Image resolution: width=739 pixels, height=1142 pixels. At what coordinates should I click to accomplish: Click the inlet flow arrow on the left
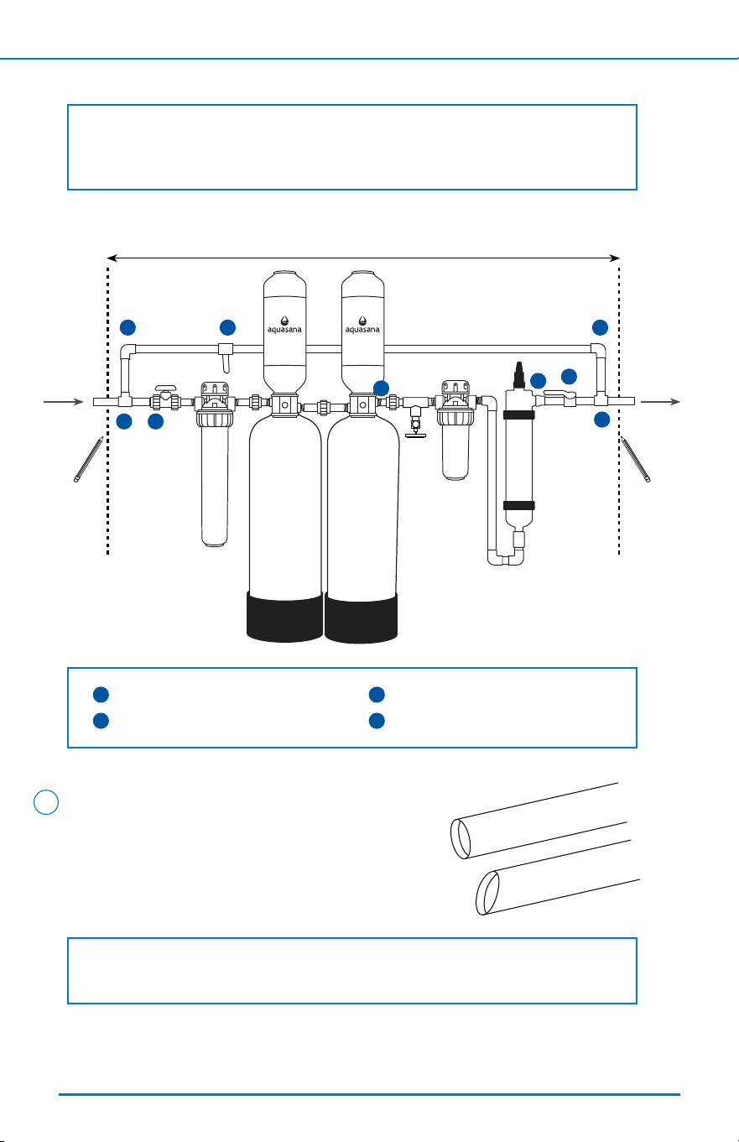click(63, 402)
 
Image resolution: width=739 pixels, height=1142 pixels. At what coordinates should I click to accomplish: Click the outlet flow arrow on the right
click(660, 402)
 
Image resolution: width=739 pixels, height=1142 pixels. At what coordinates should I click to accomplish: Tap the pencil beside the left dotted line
click(89, 459)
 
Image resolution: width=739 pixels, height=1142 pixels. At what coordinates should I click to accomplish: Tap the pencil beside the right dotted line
click(636, 459)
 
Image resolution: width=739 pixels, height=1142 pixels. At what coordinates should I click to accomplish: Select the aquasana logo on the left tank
click(284, 326)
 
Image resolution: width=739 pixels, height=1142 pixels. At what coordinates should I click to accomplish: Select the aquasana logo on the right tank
click(362, 326)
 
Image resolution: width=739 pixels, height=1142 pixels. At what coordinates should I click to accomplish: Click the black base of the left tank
click(284, 617)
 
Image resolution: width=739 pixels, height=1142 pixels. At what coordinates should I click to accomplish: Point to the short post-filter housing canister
click(455, 452)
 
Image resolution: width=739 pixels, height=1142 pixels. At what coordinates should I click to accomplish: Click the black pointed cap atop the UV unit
click(519, 376)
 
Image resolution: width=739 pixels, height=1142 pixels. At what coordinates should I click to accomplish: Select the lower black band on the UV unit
click(519, 505)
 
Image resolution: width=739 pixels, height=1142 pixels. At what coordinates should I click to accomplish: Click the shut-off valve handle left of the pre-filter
click(165, 388)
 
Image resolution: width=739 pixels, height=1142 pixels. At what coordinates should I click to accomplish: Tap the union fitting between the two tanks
click(323, 408)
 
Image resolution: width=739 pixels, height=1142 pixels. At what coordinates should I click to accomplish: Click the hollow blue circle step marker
click(46, 802)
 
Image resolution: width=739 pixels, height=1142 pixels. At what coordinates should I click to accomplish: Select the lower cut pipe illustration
click(555, 878)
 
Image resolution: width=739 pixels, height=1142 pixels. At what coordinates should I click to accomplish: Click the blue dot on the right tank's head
click(381, 388)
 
